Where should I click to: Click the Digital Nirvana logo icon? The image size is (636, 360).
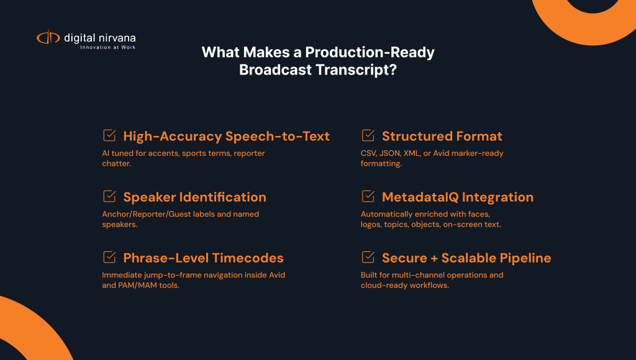point(48,38)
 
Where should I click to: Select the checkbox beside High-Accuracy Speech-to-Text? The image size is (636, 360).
point(109,135)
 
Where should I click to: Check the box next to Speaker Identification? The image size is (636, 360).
point(109,197)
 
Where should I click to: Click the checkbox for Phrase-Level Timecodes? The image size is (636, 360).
point(109,258)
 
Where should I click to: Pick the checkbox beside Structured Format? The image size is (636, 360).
point(368,135)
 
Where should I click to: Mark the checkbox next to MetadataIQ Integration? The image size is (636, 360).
point(368,197)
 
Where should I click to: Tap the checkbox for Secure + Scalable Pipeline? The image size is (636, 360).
point(368,258)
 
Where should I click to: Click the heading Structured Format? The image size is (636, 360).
point(442,136)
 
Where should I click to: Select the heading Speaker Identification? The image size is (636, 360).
point(194,197)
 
